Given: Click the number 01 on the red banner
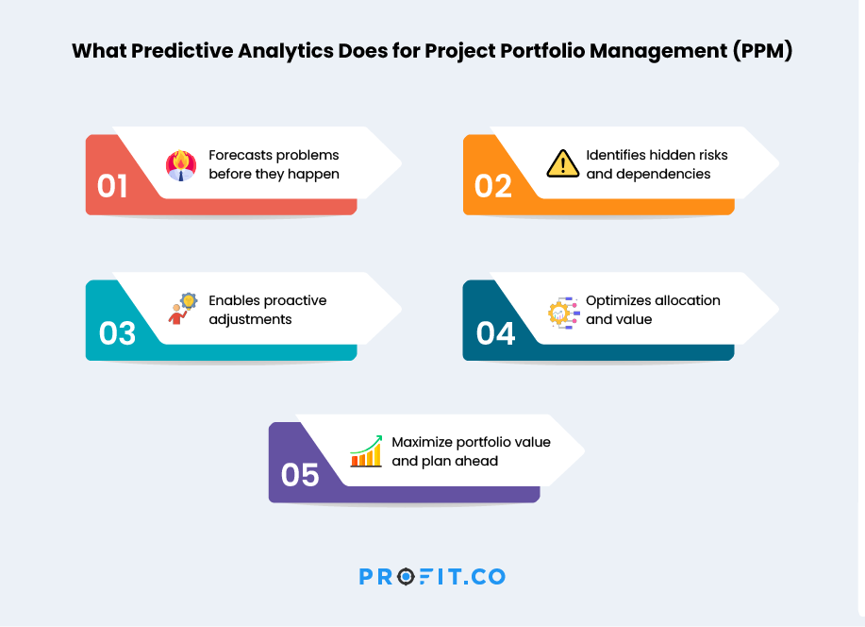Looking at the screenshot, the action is click(x=112, y=186).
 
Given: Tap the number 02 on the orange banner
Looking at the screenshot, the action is click(x=493, y=186).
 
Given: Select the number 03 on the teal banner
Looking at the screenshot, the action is click(x=117, y=333).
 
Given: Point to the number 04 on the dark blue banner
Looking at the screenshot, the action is click(x=495, y=333).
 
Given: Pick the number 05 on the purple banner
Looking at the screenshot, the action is click(x=300, y=475).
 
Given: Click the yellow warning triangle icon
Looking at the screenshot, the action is click(x=563, y=164).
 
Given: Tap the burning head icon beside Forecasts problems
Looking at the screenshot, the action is click(x=181, y=165).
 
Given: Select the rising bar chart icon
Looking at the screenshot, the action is click(x=366, y=451).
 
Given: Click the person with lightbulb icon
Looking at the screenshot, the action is click(x=182, y=309).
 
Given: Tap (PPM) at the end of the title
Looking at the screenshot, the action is click(x=762, y=51).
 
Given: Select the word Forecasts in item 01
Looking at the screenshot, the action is click(x=238, y=155).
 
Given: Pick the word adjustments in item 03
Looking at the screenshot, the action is click(x=251, y=319).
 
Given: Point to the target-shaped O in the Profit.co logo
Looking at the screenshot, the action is click(x=406, y=577).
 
